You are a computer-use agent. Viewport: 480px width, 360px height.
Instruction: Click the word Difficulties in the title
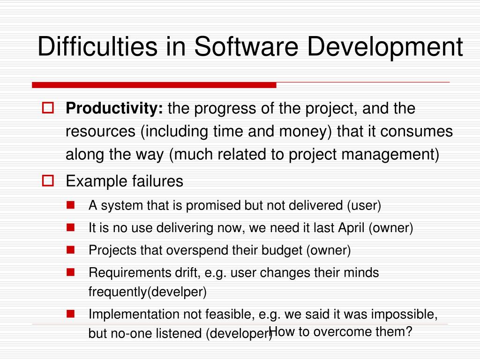[97, 46]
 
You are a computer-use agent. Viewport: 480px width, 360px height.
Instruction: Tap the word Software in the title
[246, 46]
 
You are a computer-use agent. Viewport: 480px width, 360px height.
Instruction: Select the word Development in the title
[385, 48]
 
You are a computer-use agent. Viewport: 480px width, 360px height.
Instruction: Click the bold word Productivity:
[114, 108]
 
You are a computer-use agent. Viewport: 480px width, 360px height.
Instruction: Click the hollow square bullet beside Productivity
[48, 108]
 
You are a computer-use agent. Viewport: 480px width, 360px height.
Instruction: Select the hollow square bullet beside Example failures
[48, 180]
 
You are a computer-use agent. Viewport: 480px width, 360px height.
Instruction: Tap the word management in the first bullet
[390, 155]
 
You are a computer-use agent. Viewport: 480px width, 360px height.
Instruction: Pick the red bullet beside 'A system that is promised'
[70, 205]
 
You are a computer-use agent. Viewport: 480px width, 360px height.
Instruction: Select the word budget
[282, 250]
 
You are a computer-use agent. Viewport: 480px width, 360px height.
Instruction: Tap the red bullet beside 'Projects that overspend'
[70, 250]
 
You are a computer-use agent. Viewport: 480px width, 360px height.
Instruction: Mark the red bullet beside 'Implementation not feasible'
[70, 314]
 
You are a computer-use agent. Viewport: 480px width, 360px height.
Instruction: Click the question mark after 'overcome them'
[409, 331]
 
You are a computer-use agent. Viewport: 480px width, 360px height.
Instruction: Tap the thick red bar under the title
[154, 85]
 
